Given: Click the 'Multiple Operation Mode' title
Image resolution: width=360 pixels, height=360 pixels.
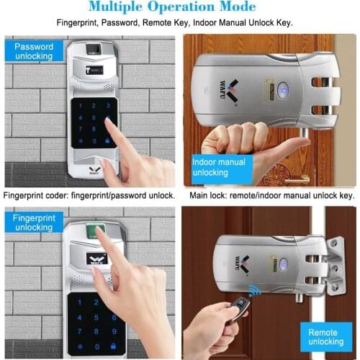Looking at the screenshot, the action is click(172, 6).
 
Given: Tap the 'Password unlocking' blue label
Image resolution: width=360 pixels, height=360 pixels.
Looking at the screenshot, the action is click(34, 51).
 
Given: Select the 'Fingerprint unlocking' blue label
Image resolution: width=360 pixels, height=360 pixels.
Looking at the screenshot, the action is click(34, 222).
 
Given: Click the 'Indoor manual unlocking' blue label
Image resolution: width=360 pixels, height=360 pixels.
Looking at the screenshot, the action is click(222, 169).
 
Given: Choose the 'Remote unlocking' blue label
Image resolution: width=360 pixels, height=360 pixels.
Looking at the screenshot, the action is click(326, 337).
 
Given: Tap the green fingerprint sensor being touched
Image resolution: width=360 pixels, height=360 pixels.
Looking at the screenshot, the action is click(96, 230).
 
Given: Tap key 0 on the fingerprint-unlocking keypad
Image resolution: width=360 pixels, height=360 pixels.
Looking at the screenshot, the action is click(97, 346).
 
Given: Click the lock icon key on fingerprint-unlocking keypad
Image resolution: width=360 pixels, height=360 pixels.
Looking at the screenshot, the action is click(113, 346).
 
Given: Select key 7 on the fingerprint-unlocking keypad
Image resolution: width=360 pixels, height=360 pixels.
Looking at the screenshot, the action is click(79, 331).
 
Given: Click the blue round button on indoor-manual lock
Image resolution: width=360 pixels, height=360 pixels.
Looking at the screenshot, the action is click(283, 91).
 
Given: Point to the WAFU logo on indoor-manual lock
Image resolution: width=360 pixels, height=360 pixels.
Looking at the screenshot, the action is click(228, 91).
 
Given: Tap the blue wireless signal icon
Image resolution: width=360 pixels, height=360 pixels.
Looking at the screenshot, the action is click(254, 290).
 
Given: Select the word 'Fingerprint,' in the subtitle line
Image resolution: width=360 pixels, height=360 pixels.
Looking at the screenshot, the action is click(78, 23).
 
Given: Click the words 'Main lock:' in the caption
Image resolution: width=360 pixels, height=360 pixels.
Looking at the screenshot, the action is click(208, 196).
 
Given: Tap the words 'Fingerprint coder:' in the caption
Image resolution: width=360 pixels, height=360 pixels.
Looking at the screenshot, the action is click(36, 196).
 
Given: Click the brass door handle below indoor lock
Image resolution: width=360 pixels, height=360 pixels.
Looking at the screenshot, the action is click(297, 179).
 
